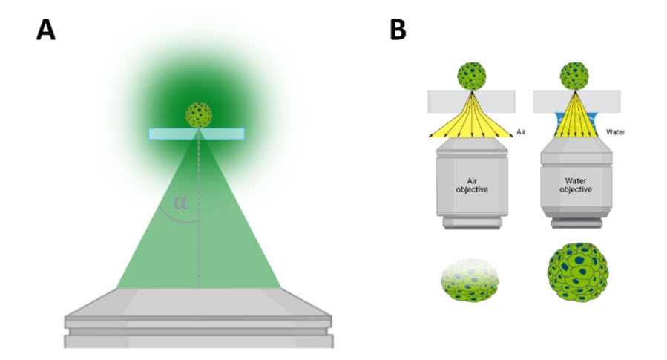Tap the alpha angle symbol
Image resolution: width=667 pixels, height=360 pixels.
[180, 202]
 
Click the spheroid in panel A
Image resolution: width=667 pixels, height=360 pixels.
[198, 114]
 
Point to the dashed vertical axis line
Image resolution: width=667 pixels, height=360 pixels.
[198, 223]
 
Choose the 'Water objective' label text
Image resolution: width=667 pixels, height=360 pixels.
[574, 184]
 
